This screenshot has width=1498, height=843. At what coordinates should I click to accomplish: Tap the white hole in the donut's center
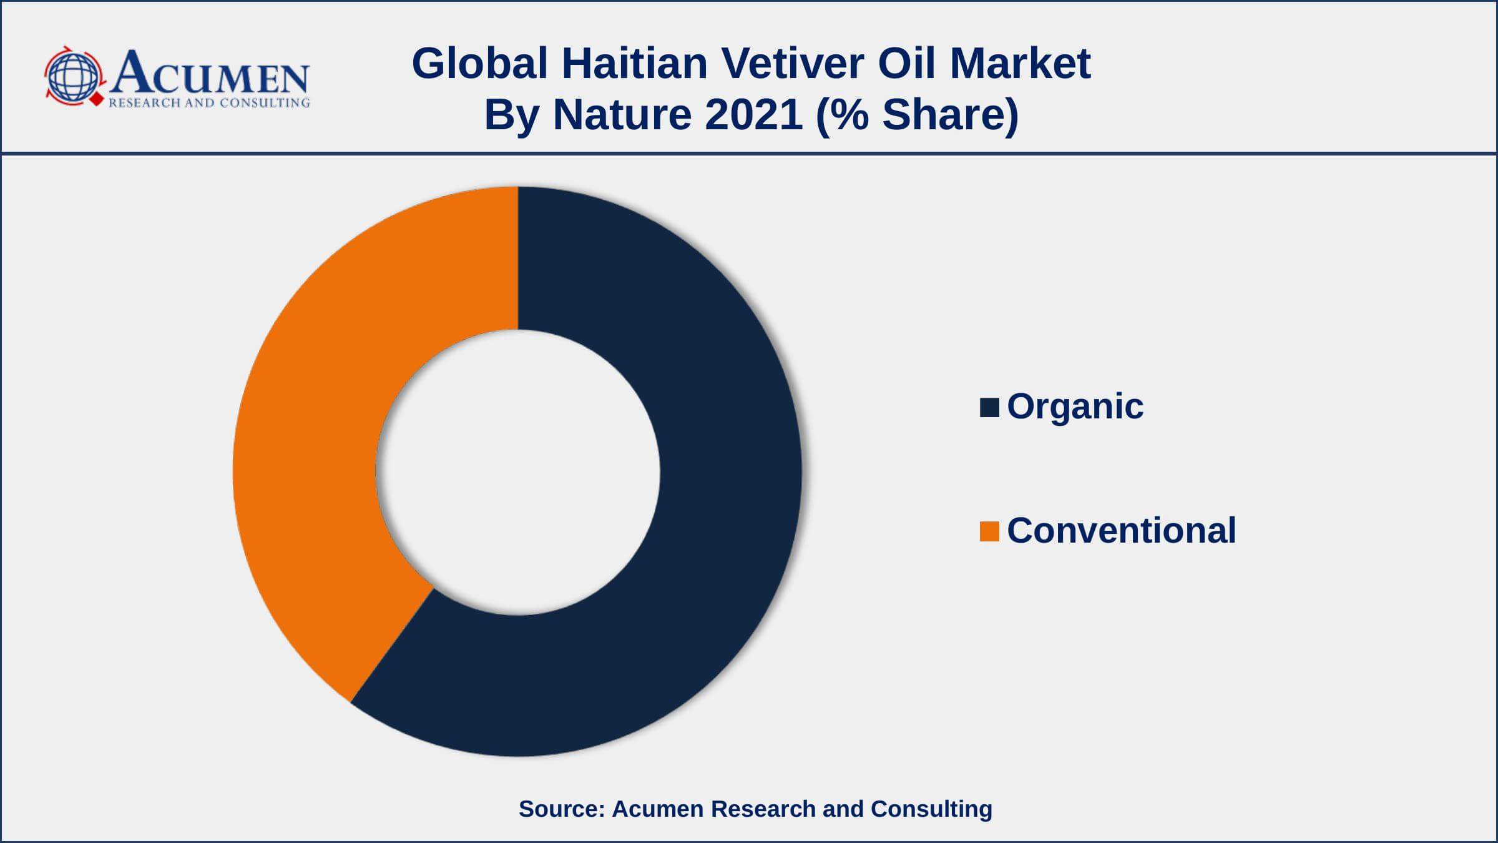pos(518,472)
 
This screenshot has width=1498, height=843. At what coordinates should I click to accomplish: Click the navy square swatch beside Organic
pos(989,407)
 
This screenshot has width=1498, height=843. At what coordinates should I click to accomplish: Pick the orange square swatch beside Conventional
pos(989,531)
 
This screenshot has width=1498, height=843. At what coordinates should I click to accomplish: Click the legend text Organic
pos(1075,407)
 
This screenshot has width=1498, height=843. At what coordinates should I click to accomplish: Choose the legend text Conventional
pos(1121,531)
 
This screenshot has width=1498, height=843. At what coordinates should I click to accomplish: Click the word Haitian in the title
pos(634,63)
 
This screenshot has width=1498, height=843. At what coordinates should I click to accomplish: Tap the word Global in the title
pos(479,63)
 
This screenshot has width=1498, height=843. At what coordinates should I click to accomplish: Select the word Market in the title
pos(1020,63)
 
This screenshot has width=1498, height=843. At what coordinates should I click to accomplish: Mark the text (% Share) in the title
pos(918,116)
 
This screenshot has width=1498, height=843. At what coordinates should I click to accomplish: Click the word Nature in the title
pos(622,115)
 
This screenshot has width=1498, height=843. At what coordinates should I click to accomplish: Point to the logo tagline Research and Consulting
pos(209,102)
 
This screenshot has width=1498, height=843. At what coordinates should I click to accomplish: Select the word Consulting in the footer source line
pos(931,809)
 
